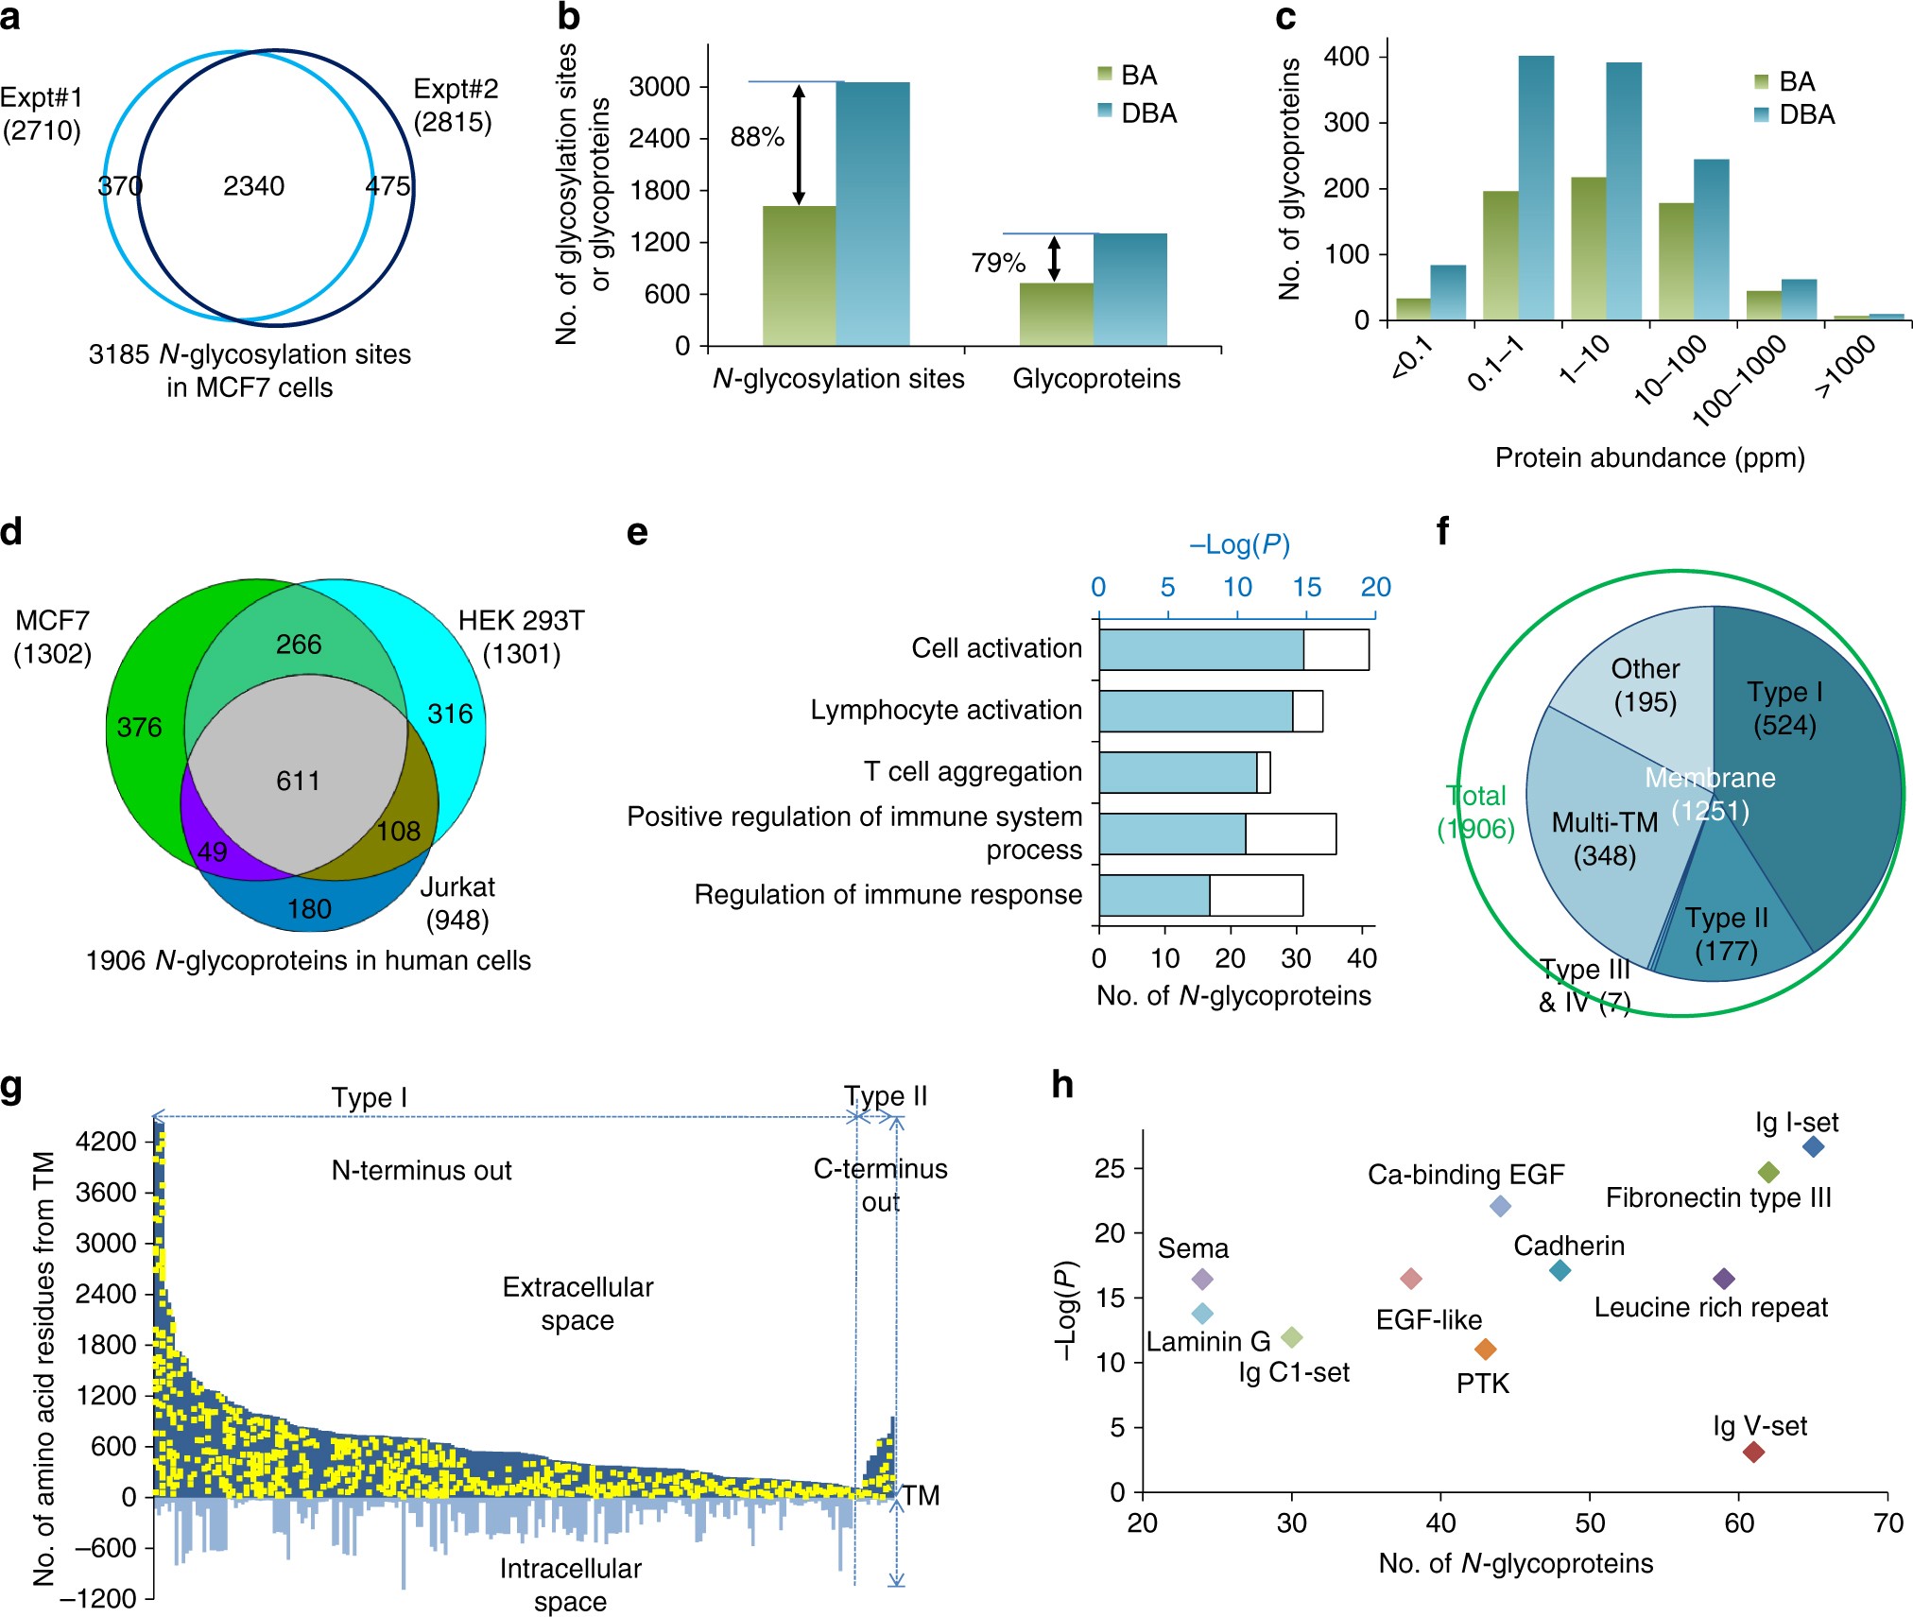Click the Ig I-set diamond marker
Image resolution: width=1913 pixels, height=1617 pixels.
click(x=1813, y=1147)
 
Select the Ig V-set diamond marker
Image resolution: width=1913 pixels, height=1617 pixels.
click(x=1753, y=1452)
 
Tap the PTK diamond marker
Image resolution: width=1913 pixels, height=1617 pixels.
click(x=1486, y=1349)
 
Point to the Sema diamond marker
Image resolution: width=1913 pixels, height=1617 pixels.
click(x=1202, y=1279)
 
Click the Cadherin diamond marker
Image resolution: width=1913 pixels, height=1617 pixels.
click(x=1560, y=1271)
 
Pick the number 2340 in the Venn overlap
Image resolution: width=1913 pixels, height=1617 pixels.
click(x=253, y=186)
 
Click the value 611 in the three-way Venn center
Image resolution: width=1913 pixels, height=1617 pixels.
click(x=298, y=781)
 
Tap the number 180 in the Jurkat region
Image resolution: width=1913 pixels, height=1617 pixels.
click(x=309, y=908)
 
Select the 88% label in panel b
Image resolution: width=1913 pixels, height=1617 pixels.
click(x=757, y=138)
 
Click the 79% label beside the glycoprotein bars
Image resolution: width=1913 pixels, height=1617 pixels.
click(x=998, y=263)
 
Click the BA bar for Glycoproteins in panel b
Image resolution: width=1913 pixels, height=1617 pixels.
click(x=1056, y=314)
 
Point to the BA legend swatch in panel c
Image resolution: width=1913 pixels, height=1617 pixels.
click(x=1762, y=82)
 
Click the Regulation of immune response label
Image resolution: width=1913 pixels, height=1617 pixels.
click(x=888, y=894)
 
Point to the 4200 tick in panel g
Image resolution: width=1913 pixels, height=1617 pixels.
click(x=106, y=1141)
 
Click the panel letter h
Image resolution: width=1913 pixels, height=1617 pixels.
click(x=1062, y=1085)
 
